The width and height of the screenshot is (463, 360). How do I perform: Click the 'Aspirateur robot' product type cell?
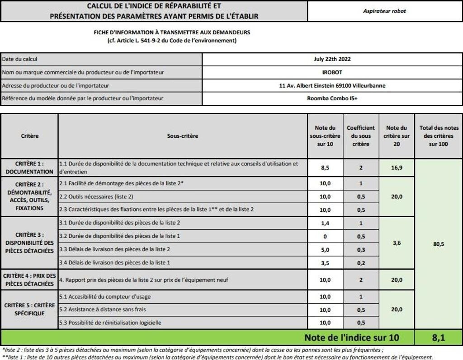[384, 11]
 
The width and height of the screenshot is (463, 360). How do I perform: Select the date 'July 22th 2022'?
[332, 59]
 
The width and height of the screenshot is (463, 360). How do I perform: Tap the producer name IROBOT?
[332, 72]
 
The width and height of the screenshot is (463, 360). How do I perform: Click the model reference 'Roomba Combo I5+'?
[332, 98]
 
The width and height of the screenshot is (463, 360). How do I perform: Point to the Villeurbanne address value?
[332, 85]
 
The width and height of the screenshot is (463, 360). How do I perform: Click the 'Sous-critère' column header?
[183, 136]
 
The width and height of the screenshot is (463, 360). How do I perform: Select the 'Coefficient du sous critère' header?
[360, 136]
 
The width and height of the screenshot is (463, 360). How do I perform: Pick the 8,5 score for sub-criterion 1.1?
[325, 168]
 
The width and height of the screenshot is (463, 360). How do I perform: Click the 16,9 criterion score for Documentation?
[397, 168]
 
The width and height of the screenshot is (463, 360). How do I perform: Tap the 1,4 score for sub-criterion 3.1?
[325, 223]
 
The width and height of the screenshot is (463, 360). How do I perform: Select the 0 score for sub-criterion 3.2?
[325, 236]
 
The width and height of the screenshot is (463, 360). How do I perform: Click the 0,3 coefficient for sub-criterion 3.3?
[360, 249]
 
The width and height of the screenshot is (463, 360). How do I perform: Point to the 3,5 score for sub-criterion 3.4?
[325, 262]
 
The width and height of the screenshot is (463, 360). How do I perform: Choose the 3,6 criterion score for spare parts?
[397, 243]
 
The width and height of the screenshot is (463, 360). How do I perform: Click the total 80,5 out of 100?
[438, 244]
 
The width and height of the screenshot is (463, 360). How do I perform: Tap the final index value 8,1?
[438, 337]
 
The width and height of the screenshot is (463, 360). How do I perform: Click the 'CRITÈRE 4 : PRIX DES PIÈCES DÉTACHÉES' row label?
[29, 280]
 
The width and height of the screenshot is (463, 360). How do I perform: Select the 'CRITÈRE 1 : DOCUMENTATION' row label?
[29, 168]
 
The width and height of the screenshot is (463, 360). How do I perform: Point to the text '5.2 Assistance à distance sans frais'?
[103, 309]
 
